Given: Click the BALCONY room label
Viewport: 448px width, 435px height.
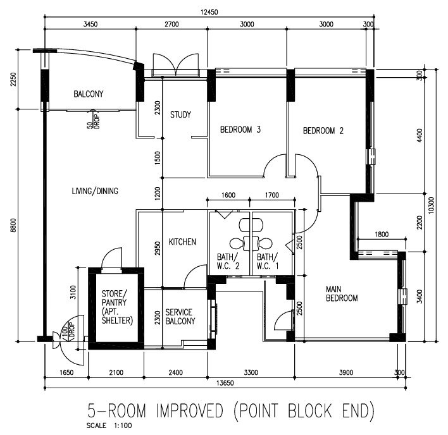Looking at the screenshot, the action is coord(89,94).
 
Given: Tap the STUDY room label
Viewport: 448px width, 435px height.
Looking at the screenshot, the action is coord(180,114).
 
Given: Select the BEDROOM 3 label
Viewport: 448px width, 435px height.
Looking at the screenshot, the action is coord(240,130).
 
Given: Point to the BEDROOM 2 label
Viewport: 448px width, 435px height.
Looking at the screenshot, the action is coord(323,131).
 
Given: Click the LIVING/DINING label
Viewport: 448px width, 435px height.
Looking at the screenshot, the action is coord(95,191).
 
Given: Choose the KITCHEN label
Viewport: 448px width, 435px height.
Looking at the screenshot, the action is coord(182,242).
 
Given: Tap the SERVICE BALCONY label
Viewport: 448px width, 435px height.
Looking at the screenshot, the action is coord(180,317).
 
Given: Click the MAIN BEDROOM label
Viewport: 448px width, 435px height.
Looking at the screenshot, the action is coord(342,294).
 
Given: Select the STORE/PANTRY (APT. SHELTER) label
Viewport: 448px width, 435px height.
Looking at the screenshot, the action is coord(117,307).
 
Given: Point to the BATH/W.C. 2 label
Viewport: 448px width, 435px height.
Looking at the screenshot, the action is coord(228,262).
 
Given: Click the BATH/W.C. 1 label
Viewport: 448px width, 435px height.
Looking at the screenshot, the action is coord(268,262).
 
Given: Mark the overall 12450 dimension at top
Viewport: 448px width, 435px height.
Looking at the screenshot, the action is coord(209,12).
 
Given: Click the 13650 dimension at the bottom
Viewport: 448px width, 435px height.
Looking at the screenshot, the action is coord(225,383).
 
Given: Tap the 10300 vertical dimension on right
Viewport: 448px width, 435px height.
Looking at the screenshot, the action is coord(432,205).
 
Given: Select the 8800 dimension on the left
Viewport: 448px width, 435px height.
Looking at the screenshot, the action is coord(13,226).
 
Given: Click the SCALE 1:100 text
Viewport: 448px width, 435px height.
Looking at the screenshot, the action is coord(109,426).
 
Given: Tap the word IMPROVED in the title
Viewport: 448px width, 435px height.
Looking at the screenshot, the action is coord(189,411).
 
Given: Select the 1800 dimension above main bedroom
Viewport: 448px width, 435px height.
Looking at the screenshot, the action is coord(382,235).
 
